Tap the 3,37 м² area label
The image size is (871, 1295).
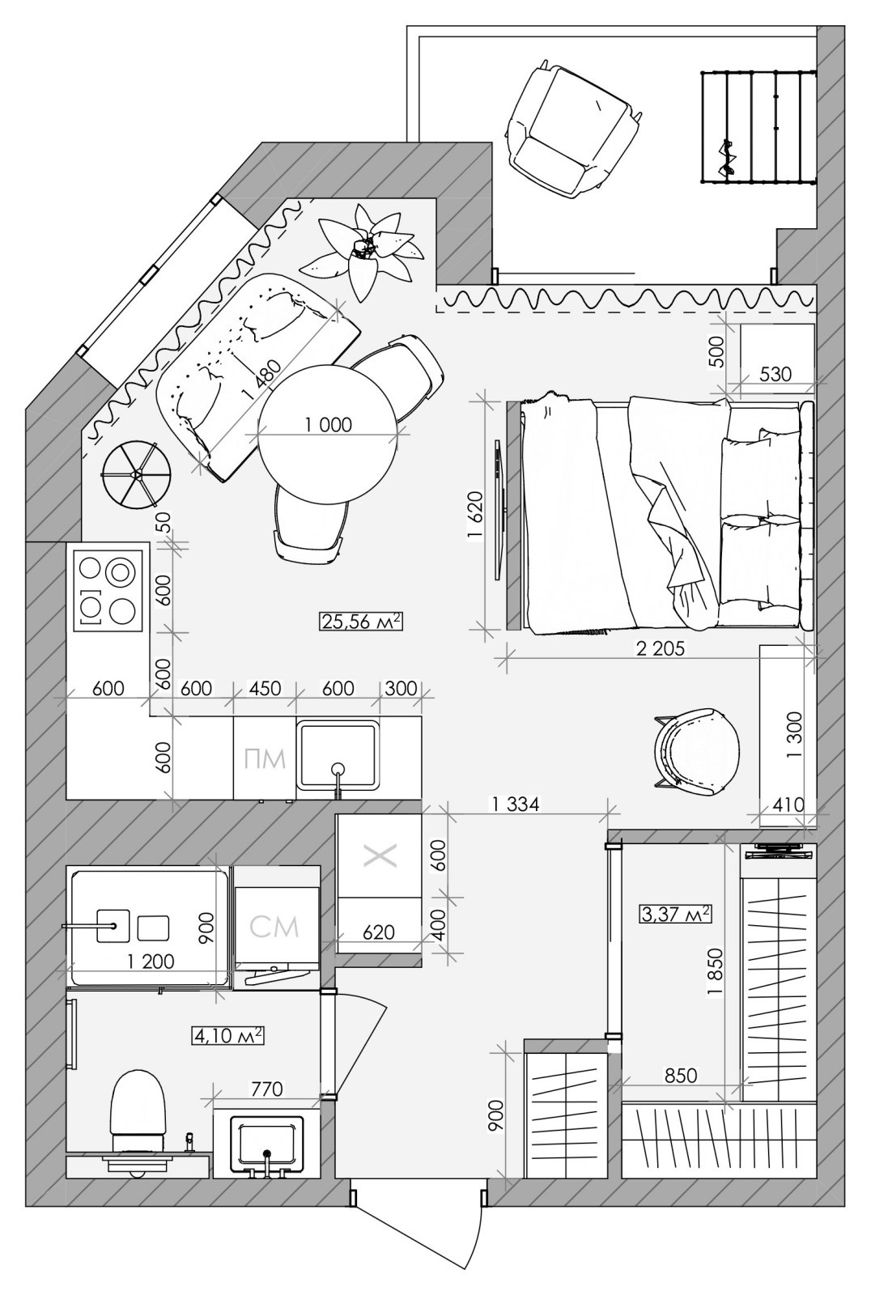pyautogui.click(x=675, y=914)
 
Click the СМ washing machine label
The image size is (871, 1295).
pyautogui.click(x=274, y=926)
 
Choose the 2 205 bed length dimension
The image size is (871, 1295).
pyautogui.click(x=660, y=649)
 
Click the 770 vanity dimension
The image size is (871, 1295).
pyautogui.click(x=267, y=1089)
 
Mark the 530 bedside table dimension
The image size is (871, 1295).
pyautogui.click(x=775, y=375)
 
